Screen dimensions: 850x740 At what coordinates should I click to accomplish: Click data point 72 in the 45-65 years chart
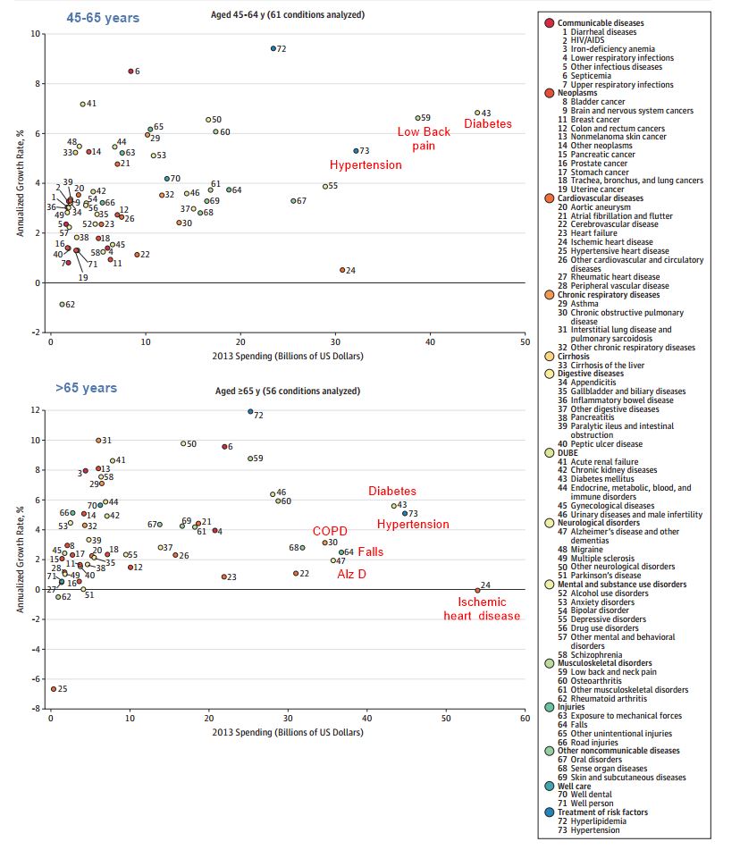click(x=273, y=48)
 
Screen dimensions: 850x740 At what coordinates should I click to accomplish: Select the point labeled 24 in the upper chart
click(x=342, y=270)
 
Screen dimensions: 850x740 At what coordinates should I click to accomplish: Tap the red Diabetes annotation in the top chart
click(x=488, y=124)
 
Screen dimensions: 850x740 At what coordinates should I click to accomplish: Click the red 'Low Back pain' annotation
click(x=424, y=139)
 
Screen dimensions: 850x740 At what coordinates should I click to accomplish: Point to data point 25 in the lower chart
click(x=54, y=689)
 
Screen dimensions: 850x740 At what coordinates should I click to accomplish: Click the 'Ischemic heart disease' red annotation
click(x=483, y=609)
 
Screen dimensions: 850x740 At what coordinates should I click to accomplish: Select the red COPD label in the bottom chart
click(x=330, y=531)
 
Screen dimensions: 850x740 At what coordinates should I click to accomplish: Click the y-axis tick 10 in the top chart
click(x=37, y=34)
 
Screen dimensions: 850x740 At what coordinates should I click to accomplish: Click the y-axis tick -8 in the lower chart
click(x=37, y=708)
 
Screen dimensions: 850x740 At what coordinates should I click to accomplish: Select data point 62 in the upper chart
click(x=62, y=305)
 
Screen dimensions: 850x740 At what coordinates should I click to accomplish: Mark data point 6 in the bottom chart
click(x=224, y=446)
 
